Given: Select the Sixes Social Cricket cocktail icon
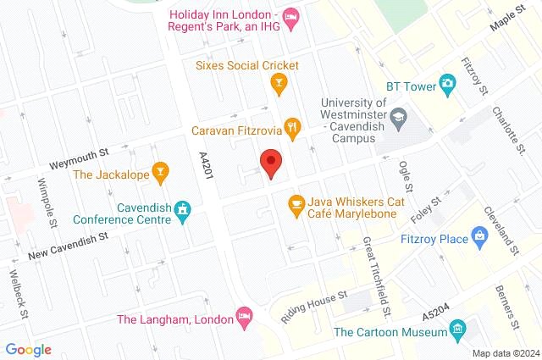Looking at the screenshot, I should (x=276, y=82).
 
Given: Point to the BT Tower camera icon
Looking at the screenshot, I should (x=447, y=84).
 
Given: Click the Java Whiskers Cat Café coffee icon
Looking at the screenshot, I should (x=296, y=203).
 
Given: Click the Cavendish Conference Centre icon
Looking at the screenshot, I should (x=181, y=209).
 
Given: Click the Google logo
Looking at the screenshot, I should (x=28, y=349).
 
